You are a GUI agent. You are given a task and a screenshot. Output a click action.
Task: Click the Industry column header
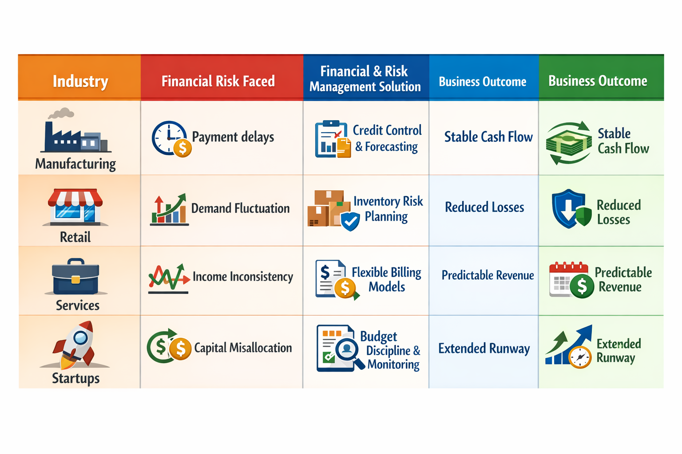(80, 81)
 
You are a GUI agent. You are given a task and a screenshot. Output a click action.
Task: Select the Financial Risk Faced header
(218, 81)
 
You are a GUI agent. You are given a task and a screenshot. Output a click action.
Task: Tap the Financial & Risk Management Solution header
(365, 78)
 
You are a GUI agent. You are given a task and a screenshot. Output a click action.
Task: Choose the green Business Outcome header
(598, 81)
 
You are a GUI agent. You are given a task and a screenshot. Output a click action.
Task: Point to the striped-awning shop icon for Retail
(75, 207)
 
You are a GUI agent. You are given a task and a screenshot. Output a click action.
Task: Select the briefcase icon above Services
(75, 277)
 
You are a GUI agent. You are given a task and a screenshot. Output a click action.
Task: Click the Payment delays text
(233, 137)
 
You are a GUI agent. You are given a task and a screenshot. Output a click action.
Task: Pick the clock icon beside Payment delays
(170, 138)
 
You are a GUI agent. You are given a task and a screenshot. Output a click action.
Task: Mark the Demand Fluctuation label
(240, 208)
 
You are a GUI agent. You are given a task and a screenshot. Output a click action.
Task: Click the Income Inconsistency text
(243, 277)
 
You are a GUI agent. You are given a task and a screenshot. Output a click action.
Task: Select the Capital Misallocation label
(243, 348)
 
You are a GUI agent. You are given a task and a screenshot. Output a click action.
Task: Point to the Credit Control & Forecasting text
(387, 138)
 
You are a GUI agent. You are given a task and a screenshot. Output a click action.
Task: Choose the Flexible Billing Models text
(387, 279)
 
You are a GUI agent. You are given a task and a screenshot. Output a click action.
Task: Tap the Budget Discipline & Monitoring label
(391, 350)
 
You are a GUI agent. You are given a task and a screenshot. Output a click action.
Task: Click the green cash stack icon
(569, 143)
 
